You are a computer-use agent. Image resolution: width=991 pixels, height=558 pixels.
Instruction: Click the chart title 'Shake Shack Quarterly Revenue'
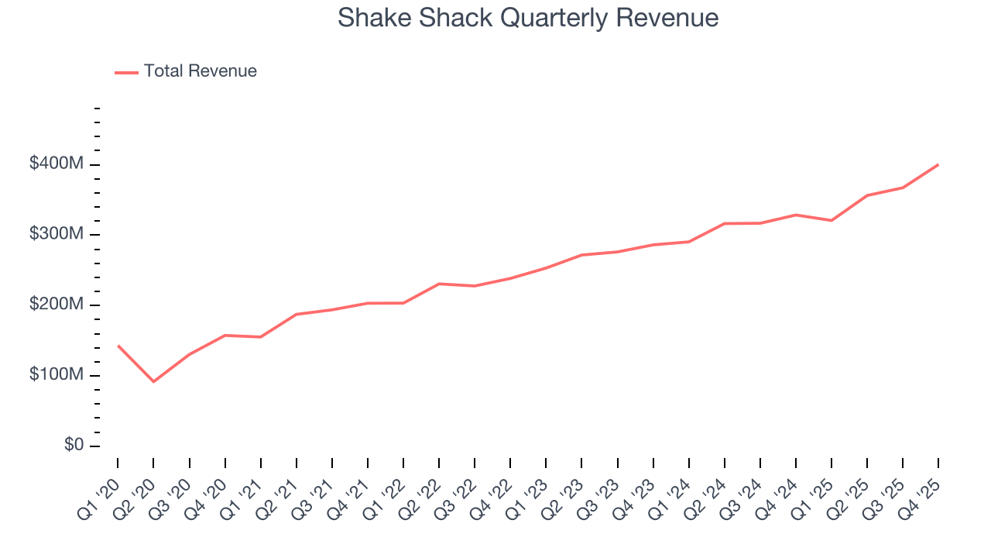(528, 18)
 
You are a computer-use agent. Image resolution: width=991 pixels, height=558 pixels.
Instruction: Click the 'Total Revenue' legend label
(200, 71)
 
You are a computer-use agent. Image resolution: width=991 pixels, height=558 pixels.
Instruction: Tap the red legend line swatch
(126, 72)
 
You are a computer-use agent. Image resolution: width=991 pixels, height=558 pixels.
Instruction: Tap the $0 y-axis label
(74, 446)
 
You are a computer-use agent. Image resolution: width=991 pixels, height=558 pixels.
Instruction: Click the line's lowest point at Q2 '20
(153, 381)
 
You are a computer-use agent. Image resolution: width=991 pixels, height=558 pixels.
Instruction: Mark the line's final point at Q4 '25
(938, 164)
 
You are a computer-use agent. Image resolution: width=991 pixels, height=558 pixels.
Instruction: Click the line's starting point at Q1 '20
(118, 346)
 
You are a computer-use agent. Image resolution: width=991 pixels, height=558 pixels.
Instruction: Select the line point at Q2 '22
(439, 284)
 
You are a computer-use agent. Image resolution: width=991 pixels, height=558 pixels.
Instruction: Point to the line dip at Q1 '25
(832, 221)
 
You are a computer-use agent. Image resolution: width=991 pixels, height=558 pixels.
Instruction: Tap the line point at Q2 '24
(725, 223)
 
